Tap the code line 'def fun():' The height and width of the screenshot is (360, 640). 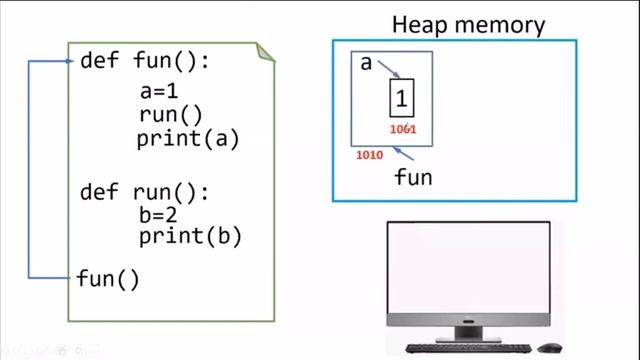(145, 61)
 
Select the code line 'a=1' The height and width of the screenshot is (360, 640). (159, 93)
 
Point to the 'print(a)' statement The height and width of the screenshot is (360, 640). (188, 139)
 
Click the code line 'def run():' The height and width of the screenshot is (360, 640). (145, 189)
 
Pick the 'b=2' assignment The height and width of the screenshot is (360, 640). (159, 214)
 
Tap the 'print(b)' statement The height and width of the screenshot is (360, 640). (190, 237)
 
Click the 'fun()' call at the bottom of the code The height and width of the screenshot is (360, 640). (108, 279)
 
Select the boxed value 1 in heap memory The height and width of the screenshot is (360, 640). (402, 99)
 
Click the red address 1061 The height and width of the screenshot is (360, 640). (403, 129)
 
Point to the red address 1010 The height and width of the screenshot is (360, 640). (370, 157)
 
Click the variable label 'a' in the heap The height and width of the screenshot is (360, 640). (366, 64)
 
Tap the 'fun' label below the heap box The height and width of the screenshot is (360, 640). (413, 178)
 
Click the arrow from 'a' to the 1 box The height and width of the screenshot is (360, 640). (390, 72)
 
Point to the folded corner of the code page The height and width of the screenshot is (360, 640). (267, 51)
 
